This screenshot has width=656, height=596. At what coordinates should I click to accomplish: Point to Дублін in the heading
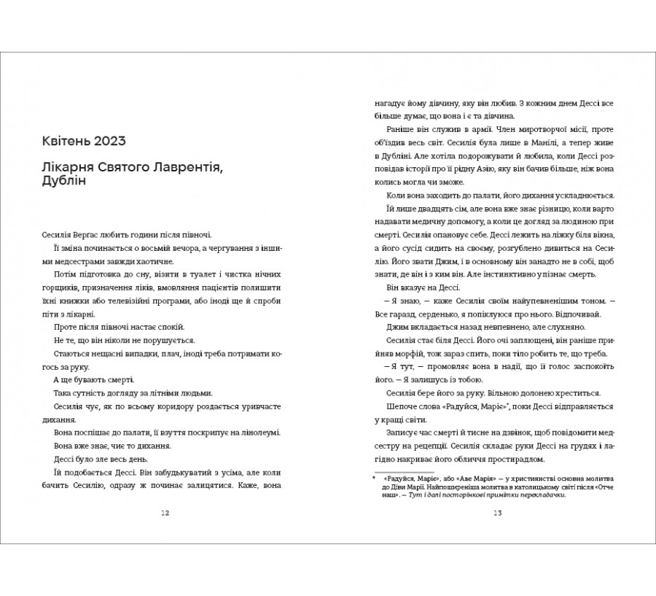pyautogui.click(x=63, y=184)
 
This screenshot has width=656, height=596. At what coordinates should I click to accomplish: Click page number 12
pyautogui.click(x=165, y=512)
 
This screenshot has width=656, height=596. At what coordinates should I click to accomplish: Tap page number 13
pyautogui.click(x=498, y=512)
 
